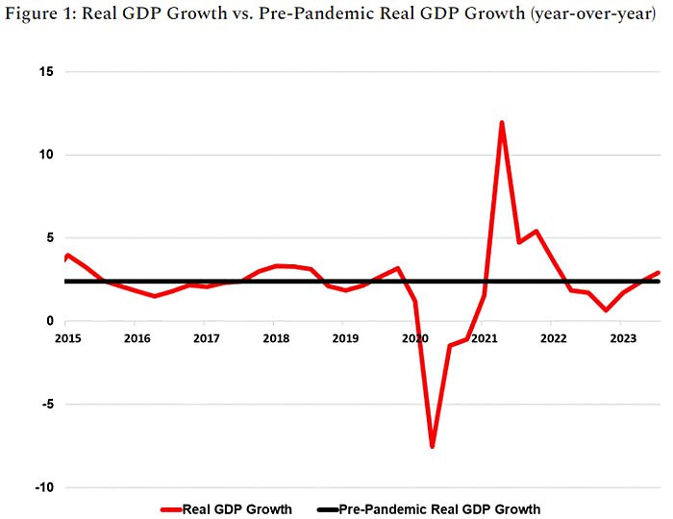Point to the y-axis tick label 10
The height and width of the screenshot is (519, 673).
coord(46,155)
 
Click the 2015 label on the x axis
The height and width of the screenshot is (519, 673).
coord(68,338)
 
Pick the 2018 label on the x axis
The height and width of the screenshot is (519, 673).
coord(276,338)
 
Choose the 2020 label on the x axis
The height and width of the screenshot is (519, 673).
coord(414,338)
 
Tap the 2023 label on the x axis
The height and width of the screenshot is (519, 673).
coord(623,338)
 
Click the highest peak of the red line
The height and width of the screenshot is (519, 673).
coord(502,123)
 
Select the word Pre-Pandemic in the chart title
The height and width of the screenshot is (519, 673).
coord(324,16)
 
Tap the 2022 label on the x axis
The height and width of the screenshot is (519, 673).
coord(553,338)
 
